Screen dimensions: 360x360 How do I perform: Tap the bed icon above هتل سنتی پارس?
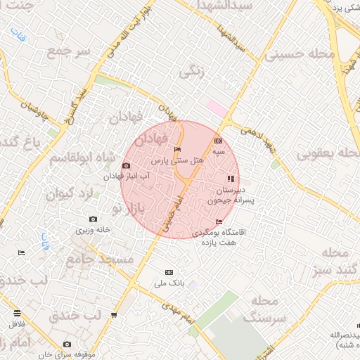[176, 150]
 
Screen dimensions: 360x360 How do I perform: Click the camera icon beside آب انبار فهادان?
[126, 166]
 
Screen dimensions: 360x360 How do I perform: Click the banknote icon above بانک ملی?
[168, 272]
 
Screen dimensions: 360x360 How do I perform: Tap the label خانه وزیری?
[94, 230]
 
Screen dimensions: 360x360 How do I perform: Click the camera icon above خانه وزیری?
[93, 219]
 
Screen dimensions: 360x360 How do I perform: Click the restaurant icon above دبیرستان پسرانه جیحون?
[231, 178]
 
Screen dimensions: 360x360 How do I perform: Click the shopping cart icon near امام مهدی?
[114, 315]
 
